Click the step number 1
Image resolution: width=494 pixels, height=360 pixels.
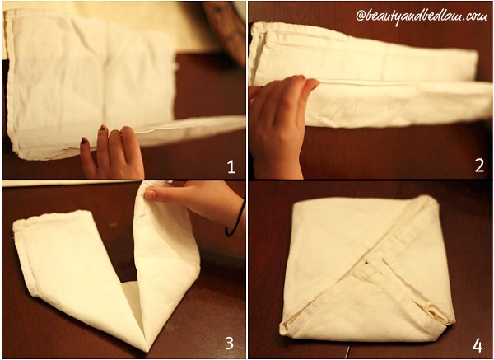tap(231, 166)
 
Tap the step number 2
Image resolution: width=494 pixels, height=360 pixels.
tap(479, 166)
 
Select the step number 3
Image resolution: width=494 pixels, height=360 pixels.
tap(229, 343)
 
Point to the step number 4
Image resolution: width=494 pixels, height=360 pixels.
tap(478, 345)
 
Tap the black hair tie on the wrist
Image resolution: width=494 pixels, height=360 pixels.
tap(235, 218)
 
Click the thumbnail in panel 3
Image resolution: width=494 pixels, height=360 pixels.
tap(151, 194)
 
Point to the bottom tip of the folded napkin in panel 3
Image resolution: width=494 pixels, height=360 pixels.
tap(146, 351)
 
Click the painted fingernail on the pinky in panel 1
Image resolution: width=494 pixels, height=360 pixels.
tap(85, 141)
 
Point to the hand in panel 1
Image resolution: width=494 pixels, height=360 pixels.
tap(112, 152)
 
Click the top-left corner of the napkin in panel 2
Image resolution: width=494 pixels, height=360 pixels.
tap(254, 25)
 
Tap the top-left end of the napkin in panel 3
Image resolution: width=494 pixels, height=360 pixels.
tap(16, 224)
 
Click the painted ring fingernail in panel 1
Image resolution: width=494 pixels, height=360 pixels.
tap(103, 128)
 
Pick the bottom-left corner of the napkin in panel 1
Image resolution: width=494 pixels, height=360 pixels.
tap(20, 155)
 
